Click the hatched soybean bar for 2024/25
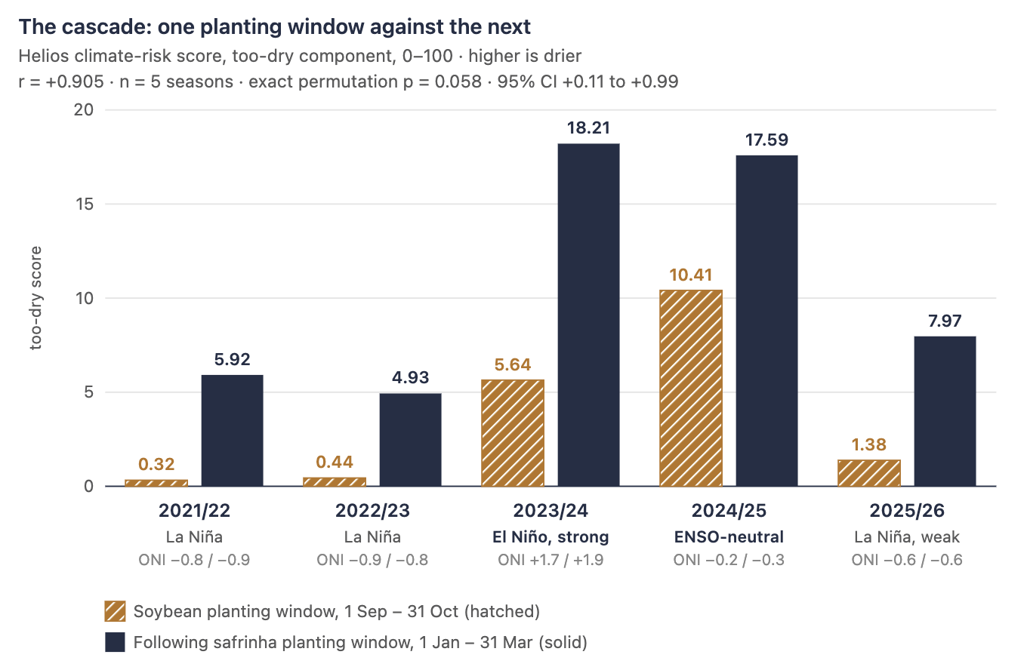pyautogui.click(x=690, y=388)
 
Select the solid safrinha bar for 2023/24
pyautogui.click(x=588, y=315)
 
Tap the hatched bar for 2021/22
pyautogui.click(x=156, y=483)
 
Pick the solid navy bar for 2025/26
pyautogui.click(x=945, y=411)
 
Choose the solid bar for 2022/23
pyautogui.click(x=410, y=440)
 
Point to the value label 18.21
pyautogui.click(x=588, y=128)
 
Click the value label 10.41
pyautogui.click(x=690, y=275)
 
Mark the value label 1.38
pyautogui.click(x=869, y=444)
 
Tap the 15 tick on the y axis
pyautogui.click(x=85, y=204)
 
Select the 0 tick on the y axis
pyautogui.click(x=88, y=487)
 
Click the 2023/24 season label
pyautogui.click(x=551, y=511)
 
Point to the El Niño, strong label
pyautogui.click(x=551, y=536)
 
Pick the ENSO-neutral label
pyautogui.click(x=729, y=536)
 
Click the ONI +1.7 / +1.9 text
pyautogui.click(x=551, y=560)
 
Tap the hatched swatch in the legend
pyautogui.click(x=115, y=611)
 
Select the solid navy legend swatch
pyautogui.click(x=115, y=642)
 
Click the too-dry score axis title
pyautogui.click(x=35, y=298)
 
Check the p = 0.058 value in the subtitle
pyautogui.click(x=443, y=82)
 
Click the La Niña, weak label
pyautogui.click(x=906, y=536)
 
